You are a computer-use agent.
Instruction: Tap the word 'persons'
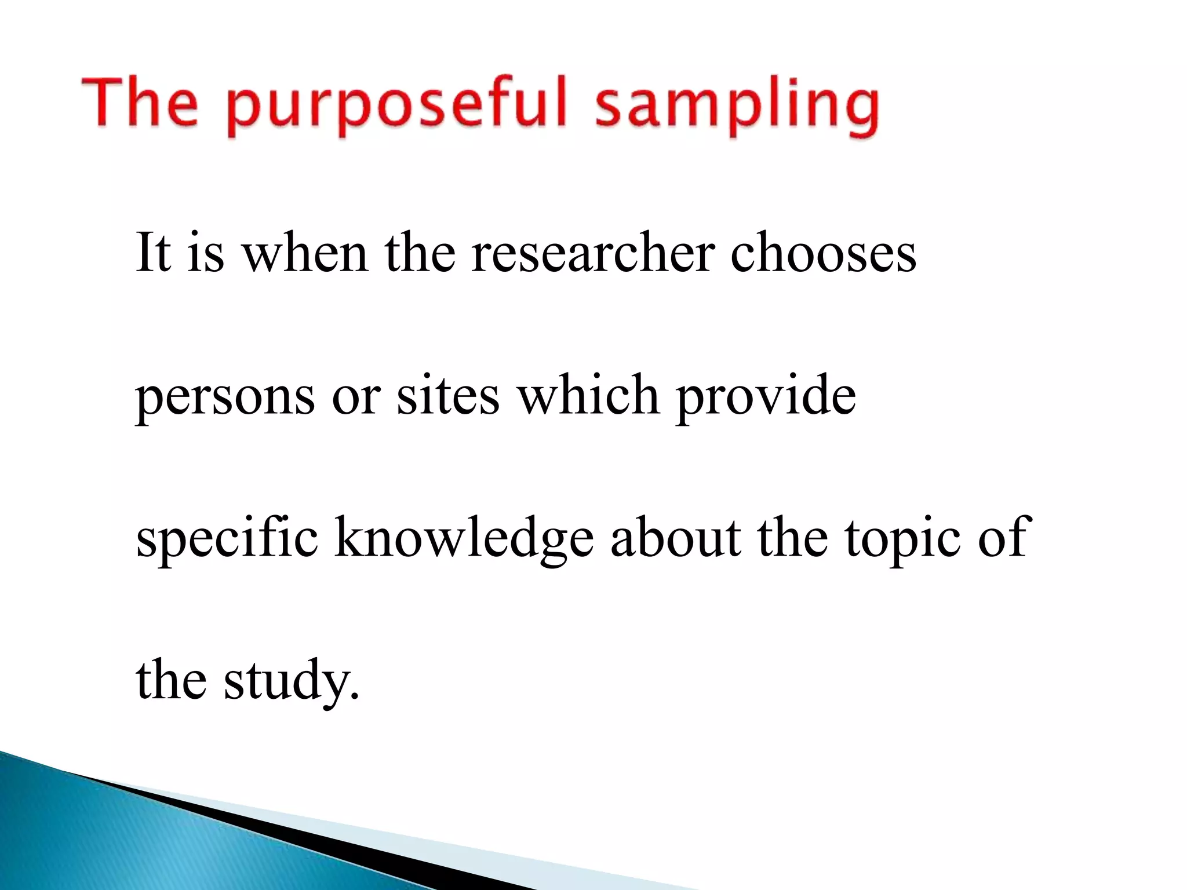tap(225, 397)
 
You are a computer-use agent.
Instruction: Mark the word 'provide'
tap(766, 397)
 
